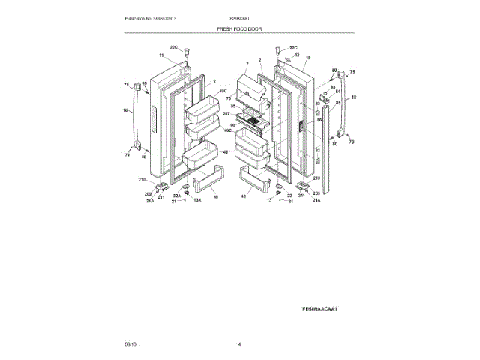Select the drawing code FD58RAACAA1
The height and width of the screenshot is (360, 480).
(x=319, y=307)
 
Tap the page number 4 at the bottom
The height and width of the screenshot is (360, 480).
(x=239, y=343)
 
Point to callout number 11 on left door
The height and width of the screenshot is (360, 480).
(x=160, y=55)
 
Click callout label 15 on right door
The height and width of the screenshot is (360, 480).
(x=307, y=58)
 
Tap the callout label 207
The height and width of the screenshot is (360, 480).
(x=226, y=114)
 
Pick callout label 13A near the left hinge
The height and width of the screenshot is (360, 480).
(x=198, y=201)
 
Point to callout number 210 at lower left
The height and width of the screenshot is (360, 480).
(x=142, y=180)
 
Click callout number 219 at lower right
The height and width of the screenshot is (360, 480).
(x=316, y=178)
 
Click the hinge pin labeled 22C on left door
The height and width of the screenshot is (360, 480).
(x=189, y=53)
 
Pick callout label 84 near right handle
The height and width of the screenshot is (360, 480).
(x=337, y=91)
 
